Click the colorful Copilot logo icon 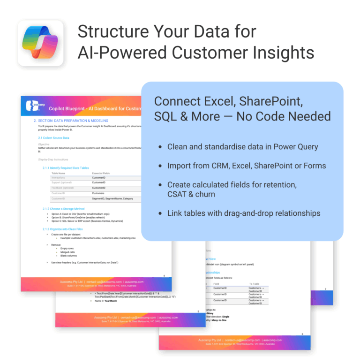pos(41,43)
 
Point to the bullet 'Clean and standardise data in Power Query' pos(242,147)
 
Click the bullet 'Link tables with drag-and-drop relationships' pos(244,213)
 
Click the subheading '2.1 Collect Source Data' pos(53,138)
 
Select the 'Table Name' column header pos(58,174)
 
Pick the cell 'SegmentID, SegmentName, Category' pos(112,198)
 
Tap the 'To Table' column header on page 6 pos(255,284)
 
